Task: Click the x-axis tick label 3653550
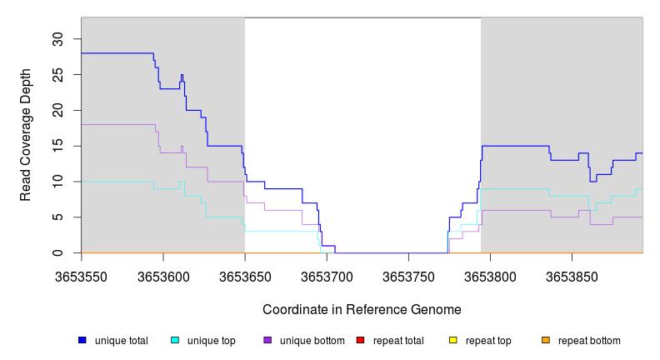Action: (82, 275)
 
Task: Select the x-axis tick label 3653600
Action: (163, 275)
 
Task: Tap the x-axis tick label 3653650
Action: (245, 275)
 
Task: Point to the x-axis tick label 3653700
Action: (327, 275)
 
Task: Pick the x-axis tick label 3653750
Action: (408, 275)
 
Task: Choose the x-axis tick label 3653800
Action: (490, 275)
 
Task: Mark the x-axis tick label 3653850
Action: (572, 275)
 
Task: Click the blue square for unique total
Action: (82, 340)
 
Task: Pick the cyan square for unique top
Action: (175, 340)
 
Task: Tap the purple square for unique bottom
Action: (267, 340)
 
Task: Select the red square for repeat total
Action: (360, 340)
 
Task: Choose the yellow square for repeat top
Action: (453, 340)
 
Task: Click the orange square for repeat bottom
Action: (546, 340)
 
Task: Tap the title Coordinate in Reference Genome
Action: (362, 309)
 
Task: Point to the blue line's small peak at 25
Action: (182, 75)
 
